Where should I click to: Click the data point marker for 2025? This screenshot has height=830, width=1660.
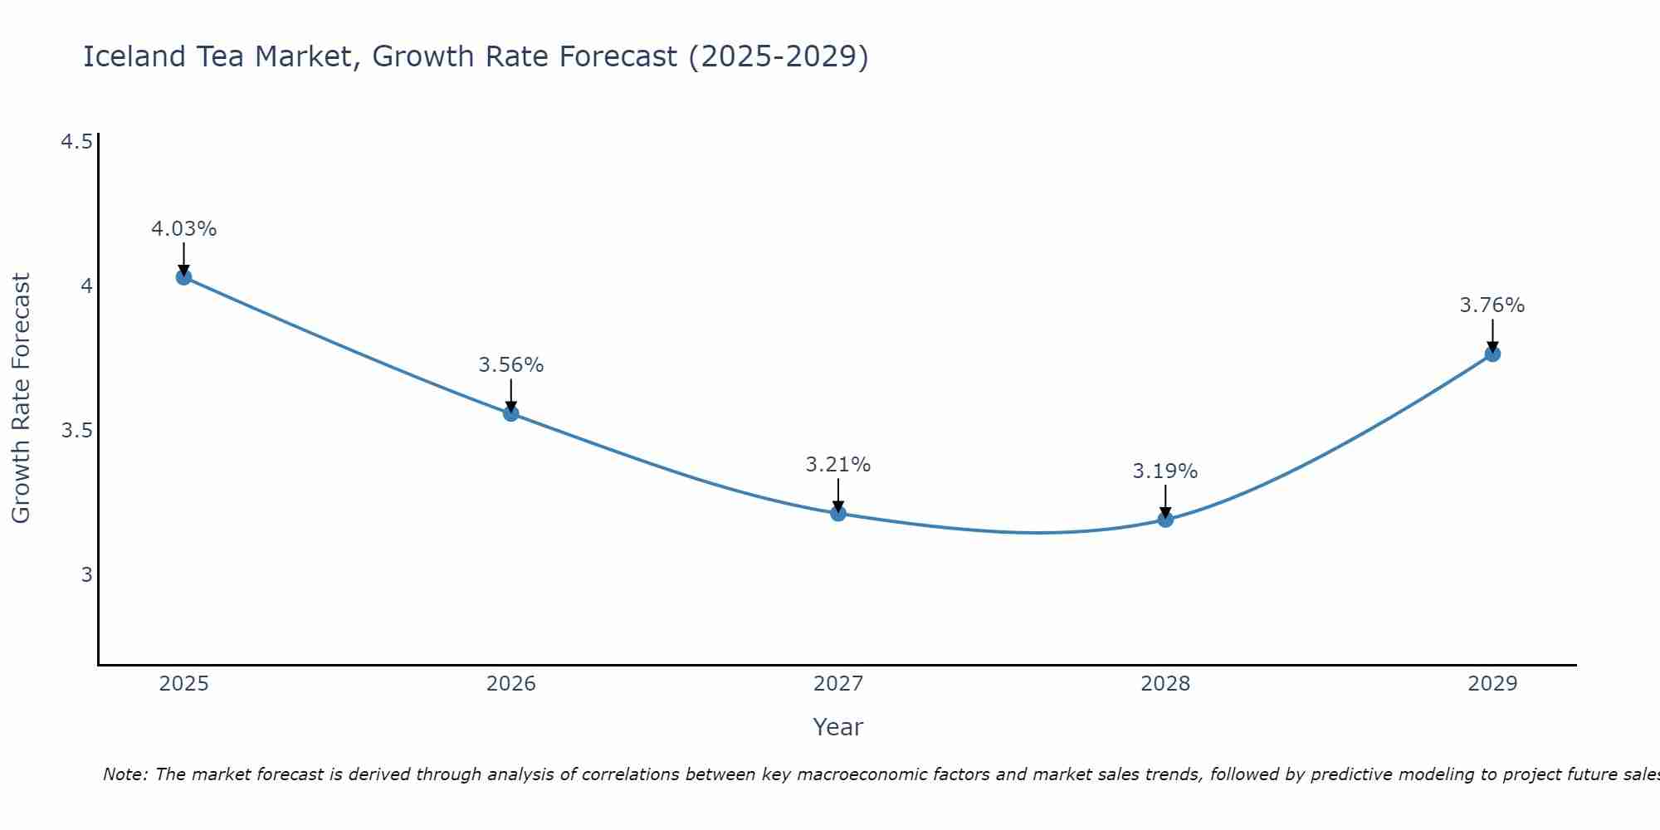point(184,277)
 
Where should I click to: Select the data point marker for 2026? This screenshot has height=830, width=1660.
point(511,413)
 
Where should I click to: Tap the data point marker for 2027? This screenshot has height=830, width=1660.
point(838,514)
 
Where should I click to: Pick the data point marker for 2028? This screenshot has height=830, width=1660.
point(1165,520)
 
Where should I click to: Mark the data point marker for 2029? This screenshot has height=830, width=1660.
point(1492,354)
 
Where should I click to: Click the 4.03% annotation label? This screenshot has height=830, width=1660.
point(184,229)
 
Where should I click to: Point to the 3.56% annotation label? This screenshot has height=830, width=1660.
point(511,365)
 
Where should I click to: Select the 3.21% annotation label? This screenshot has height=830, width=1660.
point(838,465)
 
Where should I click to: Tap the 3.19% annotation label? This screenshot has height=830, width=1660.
point(1165,471)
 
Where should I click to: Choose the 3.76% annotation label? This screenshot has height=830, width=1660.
point(1492,305)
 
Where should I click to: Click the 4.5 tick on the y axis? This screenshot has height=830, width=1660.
point(76,143)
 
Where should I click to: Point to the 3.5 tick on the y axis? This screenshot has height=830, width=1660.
point(76,431)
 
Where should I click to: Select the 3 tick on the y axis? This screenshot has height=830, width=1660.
point(86,574)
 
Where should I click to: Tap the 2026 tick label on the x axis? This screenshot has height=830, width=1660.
point(511,684)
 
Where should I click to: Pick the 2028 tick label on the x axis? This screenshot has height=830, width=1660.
point(1165,684)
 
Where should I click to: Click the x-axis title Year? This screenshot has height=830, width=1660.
point(838,727)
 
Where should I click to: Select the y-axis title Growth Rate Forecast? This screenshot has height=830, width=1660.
point(21,398)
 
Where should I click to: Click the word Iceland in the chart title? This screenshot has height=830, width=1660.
point(134,56)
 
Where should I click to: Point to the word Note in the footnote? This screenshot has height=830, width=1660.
point(124,774)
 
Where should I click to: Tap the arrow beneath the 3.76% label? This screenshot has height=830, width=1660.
point(1492,335)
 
